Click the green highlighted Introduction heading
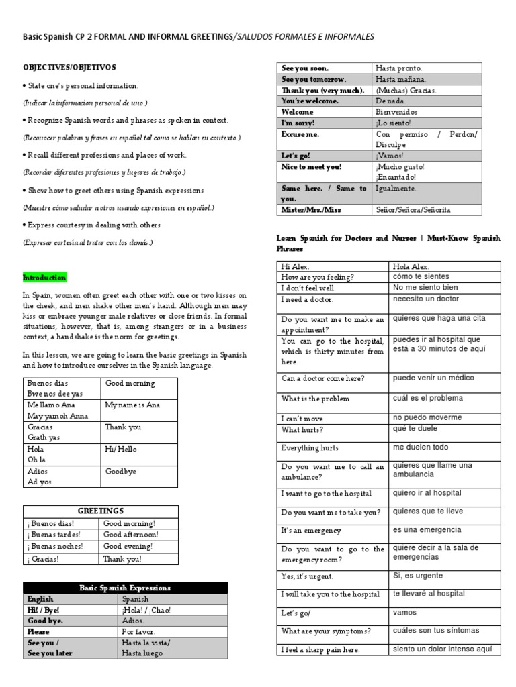(x=44, y=278)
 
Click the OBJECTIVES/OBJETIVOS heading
(x=69, y=67)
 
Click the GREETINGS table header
(x=101, y=511)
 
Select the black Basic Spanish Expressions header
(x=125, y=588)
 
